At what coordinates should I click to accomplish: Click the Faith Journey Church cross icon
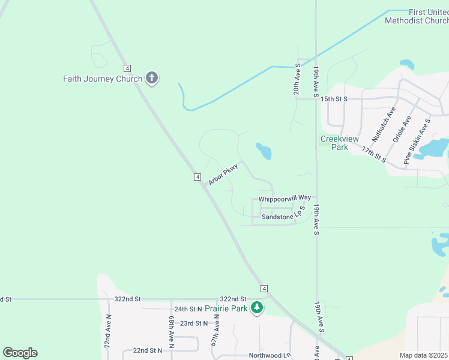152,78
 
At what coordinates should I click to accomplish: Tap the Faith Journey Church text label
103,79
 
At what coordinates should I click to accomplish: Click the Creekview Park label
335,143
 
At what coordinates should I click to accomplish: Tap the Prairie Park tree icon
257,308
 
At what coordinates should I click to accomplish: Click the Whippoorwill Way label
285,198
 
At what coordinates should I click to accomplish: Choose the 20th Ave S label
297,79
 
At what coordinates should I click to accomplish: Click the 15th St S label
335,98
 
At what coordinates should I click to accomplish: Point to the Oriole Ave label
402,129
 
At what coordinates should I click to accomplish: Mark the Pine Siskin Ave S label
417,142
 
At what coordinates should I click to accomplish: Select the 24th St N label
188,309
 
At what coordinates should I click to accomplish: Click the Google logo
20,353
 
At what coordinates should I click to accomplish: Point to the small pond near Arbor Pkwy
264,151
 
